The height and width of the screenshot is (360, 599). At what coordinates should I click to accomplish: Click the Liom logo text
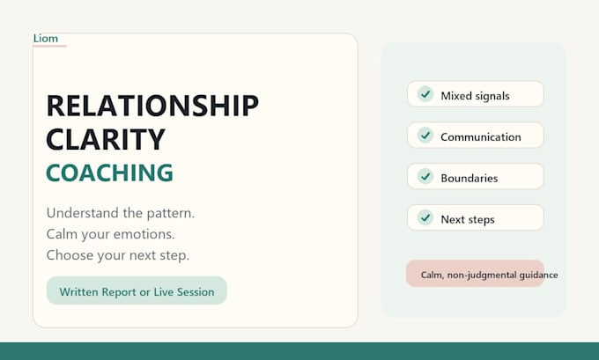coord(46,38)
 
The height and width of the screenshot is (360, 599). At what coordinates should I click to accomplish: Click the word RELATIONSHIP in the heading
coord(152,106)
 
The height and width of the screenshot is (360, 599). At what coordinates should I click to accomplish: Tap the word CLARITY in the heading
coord(106,139)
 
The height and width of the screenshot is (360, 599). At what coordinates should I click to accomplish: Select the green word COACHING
coord(109,173)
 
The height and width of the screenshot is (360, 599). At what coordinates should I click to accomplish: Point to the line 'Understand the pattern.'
coord(121,213)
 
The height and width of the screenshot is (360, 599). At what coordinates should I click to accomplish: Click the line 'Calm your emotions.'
coord(110,234)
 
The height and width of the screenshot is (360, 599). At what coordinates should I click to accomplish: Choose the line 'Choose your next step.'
coord(118,255)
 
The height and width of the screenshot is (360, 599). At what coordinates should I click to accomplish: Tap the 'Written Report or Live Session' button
coord(137,290)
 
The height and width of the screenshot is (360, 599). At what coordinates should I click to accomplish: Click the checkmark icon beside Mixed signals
coord(425,94)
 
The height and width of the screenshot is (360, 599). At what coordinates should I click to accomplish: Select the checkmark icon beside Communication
coord(425,136)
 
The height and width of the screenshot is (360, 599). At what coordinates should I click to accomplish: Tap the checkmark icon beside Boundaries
coord(425,176)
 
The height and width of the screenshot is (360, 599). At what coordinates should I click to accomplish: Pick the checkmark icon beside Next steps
coord(425,217)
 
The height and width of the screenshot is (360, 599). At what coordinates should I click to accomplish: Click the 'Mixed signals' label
coord(475,95)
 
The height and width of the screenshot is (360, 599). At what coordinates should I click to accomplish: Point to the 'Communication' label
coord(481,136)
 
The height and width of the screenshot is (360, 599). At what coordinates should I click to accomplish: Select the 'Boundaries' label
coord(470,178)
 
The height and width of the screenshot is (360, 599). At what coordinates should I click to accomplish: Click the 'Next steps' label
coord(468,219)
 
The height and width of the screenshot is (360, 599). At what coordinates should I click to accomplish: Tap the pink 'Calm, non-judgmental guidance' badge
coord(475,274)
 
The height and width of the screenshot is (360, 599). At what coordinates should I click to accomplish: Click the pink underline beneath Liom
coord(49,46)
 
